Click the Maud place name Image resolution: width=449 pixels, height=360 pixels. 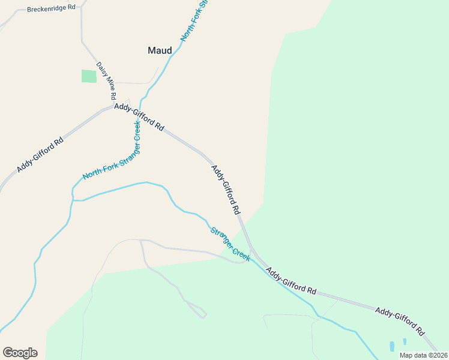(x=160, y=50)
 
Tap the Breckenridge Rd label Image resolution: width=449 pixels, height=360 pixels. (x=52, y=8)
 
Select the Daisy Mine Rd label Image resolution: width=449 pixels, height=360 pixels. (x=106, y=80)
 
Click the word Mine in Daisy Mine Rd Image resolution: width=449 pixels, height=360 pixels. (x=106, y=79)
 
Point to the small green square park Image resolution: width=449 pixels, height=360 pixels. (x=89, y=76)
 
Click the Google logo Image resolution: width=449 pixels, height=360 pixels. (x=20, y=353)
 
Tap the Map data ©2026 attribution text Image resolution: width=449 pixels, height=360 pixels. (x=423, y=355)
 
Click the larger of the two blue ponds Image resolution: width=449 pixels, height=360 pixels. (x=392, y=346)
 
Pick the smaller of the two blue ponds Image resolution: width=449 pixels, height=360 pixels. (x=405, y=341)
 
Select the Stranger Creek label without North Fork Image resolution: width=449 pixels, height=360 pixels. (x=230, y=244)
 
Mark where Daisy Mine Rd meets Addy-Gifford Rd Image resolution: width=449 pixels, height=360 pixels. (x=113, y=106)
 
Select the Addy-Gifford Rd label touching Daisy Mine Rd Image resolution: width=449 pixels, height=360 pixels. (x=139, y=116)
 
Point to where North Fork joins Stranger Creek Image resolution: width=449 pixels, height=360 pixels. (x=73, y=200)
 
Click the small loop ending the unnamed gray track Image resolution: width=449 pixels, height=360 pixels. (x=202, y=314)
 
